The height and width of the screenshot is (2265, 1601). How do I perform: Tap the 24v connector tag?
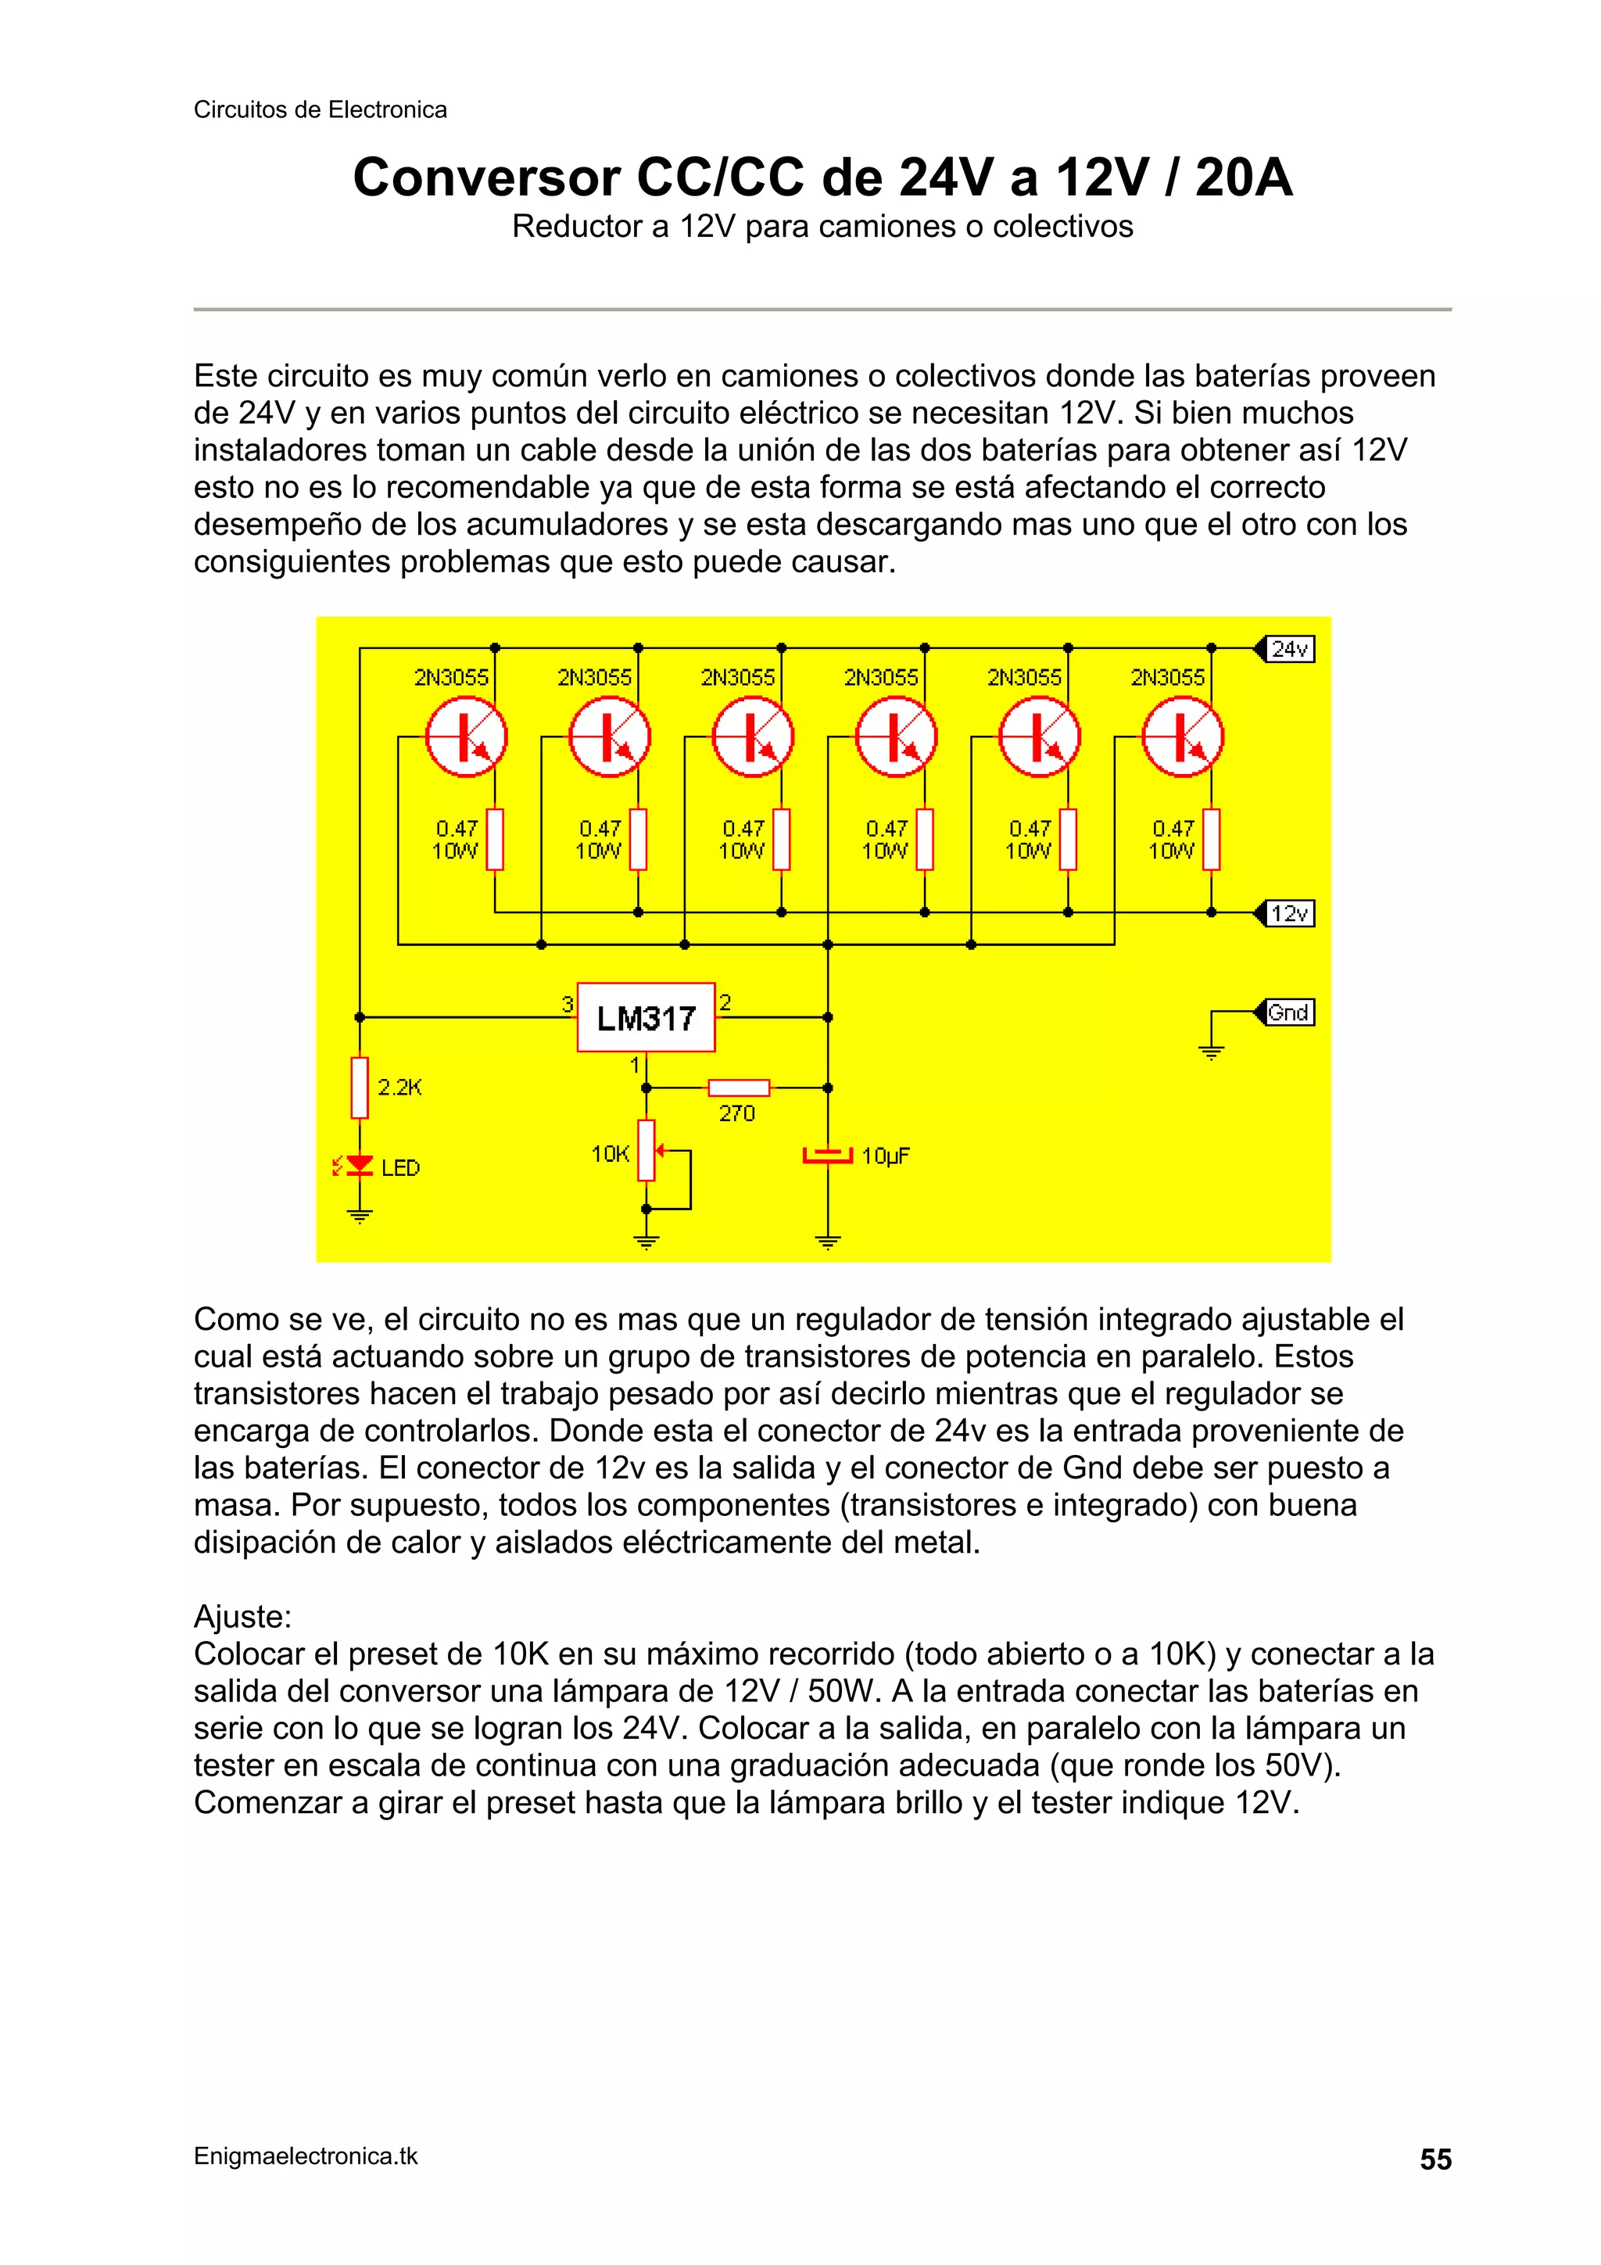point(1288,649)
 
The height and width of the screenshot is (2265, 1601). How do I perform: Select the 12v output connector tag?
point(1288,913)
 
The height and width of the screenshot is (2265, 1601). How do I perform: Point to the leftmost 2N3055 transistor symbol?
point(467,738)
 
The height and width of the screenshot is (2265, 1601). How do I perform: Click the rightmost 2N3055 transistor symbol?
point(1183,738)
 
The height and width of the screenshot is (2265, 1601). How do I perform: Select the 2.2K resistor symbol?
point(360,1087)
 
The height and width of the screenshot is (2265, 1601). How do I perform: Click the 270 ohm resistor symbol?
point(738,1087)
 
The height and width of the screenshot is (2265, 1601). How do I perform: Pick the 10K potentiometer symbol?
point(646,1150)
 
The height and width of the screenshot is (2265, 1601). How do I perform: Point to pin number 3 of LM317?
point(568,1004)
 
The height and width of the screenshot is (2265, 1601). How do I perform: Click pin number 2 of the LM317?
point(725,1002)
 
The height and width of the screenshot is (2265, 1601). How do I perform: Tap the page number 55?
point(1435,2159)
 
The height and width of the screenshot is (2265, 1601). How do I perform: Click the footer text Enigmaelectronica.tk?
point(306,2156)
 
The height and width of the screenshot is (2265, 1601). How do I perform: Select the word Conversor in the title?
point(487,178)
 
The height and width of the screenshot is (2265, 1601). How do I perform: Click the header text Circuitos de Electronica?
point(320,109)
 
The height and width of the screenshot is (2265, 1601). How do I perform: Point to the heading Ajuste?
point(242,1617)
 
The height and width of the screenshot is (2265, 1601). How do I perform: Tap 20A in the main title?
point(1243,178)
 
